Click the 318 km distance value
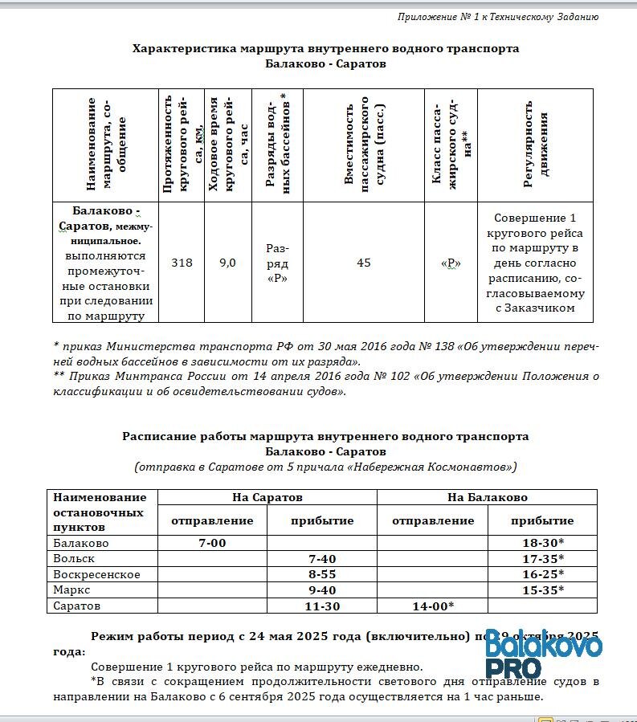(182, 263)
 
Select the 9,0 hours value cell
(228, 263)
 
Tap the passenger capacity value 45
(364, 263)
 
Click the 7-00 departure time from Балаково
(212, 543)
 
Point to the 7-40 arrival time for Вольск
(322, 558)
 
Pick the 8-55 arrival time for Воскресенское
(322, 574)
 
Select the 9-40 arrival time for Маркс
(322, 589)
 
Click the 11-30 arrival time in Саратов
(322, 606)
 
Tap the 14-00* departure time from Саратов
(433, 606)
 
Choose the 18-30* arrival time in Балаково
(543, 543)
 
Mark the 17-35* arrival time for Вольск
(543, 558)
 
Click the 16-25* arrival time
(543, 574)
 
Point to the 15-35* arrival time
(543, 589)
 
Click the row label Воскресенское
(96, 574)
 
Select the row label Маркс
(71, 589)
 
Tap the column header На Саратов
(267, 497)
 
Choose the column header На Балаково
(487, 497)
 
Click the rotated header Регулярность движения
(536, 149)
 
